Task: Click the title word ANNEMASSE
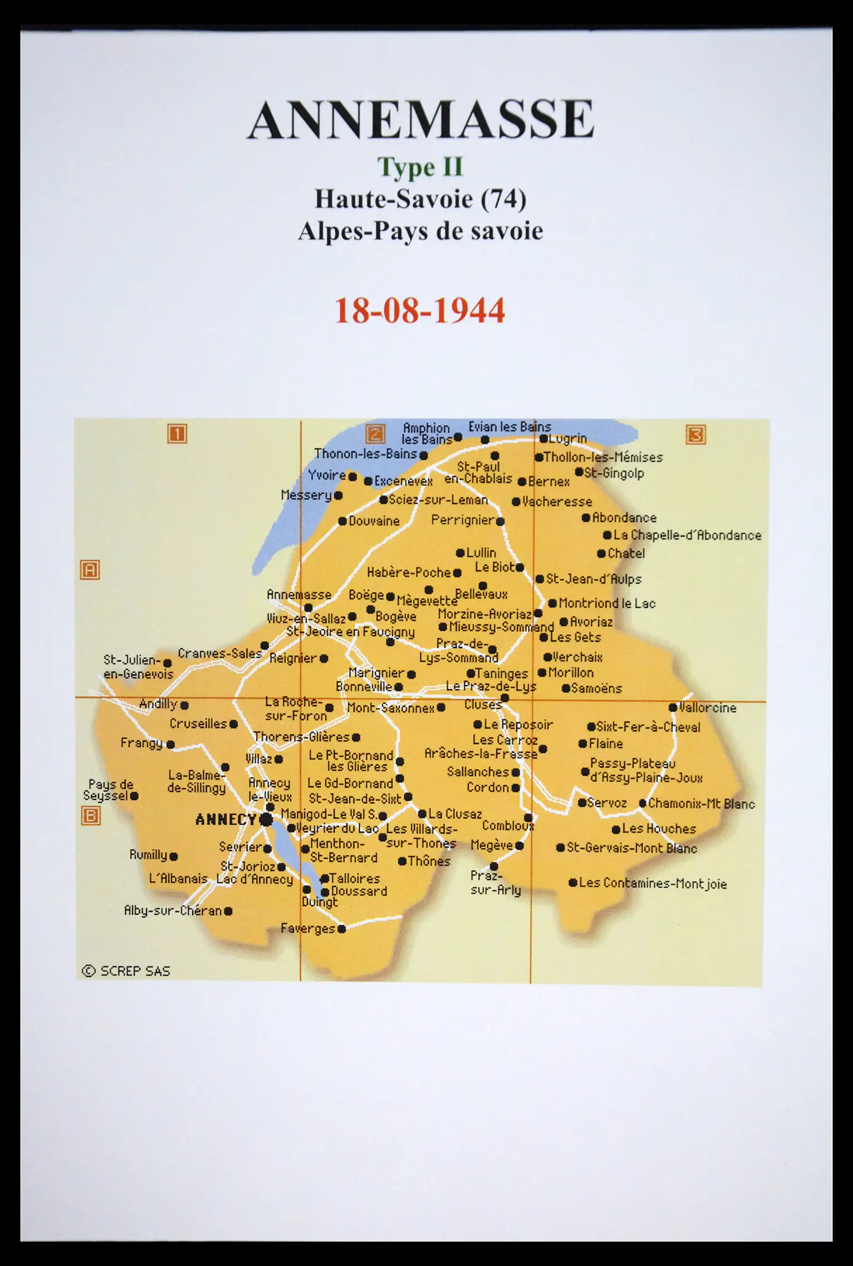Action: pyautogui.click(x=420, y=120)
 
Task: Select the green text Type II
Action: pyautogui.click(x=420, y=167)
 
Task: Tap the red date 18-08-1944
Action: pyautogui.click(x=420, y=311)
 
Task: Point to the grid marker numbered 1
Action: pyautogui.click(x=177, y=434)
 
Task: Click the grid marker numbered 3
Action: pyautogui.click(x=696, y=434)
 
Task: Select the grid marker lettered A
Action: pyautogui.click(x=90, y=570)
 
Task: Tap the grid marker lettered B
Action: pyautogui.click(x=90, y=816)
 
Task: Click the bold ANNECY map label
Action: pyautogui.click(x=226, y=819)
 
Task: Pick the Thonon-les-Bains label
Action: pyautogui.click(x=366, y=454)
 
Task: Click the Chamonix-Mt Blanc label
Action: pyautogui.click(x=701, y=804)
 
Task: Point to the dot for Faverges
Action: pyautogui.click(x=342, y=929)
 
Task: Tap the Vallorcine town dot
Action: pyautogui.click(x=673, y=707)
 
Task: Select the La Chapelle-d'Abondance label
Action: pyautogui.click(x=687, y=535)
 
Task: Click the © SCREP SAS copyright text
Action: pyautogui.click(x=126, y=971)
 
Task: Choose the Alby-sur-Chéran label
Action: pyautogui.click(x=172, y=911)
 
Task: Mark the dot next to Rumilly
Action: pyautogui.click(x=174, y=857)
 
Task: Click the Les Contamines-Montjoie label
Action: pyautogui.click(x=652, y=883)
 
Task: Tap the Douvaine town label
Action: pyautogui.click(x=374, y=521)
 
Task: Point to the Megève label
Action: pyautogui.click(x=492, y=845)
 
